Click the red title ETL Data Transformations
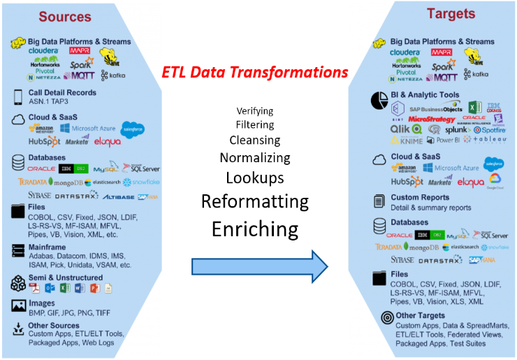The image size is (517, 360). click(x=254, y=73)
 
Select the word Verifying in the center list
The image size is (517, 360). click(x=254, y=110)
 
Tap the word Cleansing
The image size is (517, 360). click(x=254, y=141)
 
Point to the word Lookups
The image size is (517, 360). click(x=254, y=177)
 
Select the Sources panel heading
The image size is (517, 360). click(x=64, y=16)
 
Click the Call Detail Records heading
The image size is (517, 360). click(x=63, y=93)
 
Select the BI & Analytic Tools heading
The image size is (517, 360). click(x=425, y=94)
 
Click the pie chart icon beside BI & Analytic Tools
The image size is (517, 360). click(x=379, y=99)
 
